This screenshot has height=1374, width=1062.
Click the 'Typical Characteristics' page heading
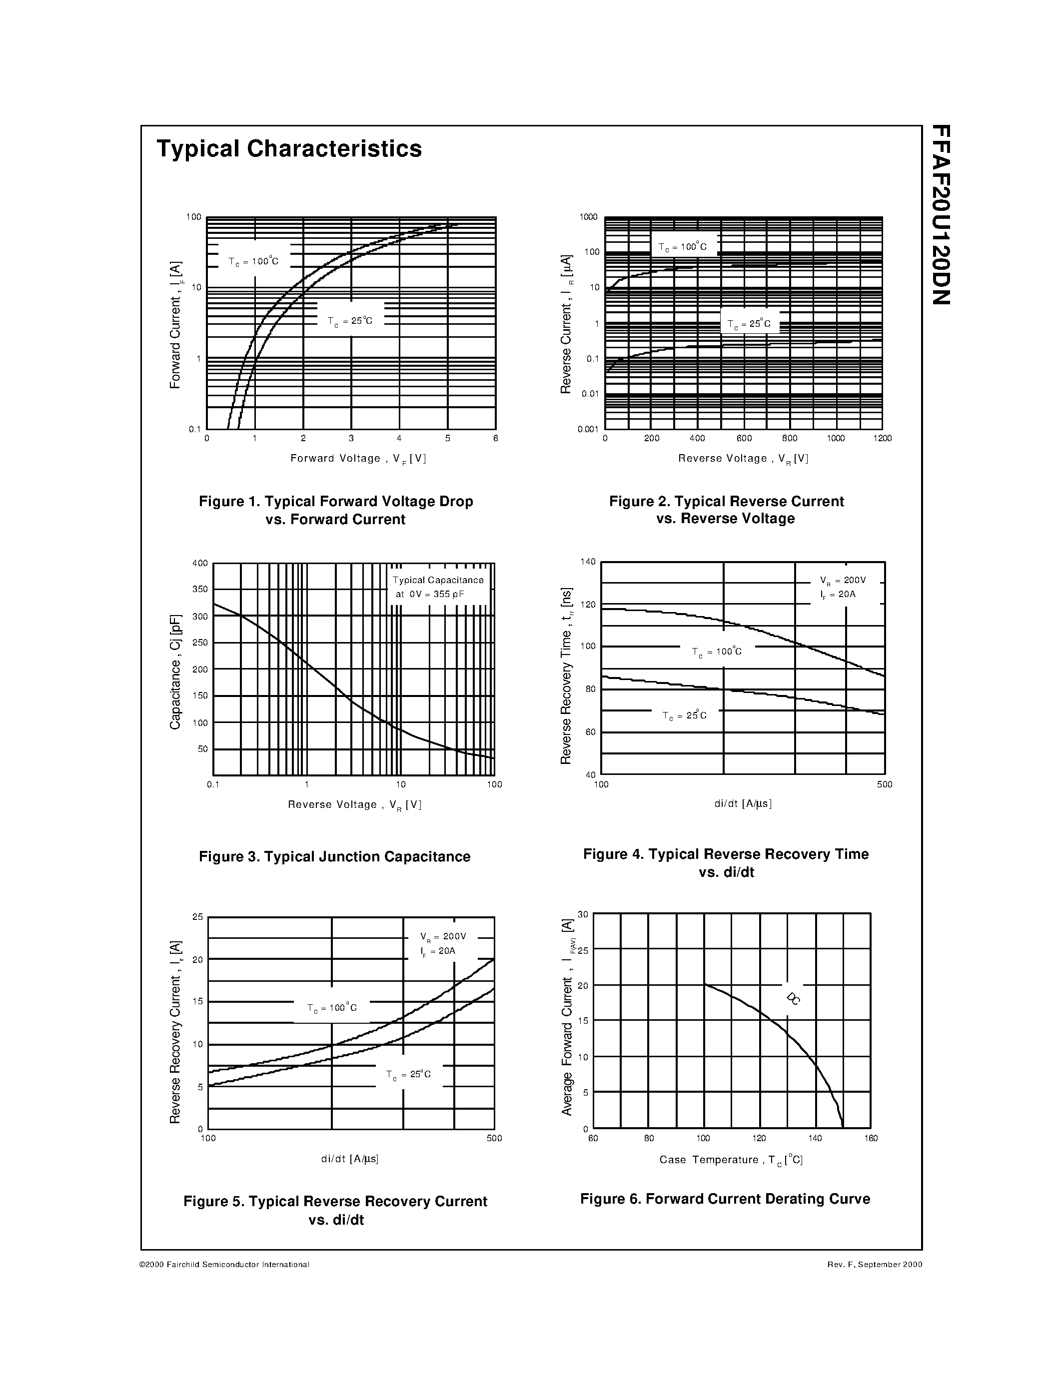click(289, 149)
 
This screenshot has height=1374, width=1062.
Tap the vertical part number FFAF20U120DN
click(941, 214)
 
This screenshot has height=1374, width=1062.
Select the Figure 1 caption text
click(336, 510)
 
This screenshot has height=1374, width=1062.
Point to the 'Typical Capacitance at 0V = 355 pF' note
click(438, 587)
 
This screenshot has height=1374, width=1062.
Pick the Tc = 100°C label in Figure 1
click(253, 261)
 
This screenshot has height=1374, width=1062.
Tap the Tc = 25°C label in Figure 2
click(749, 325)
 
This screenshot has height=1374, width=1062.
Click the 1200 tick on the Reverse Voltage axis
click(882, 439)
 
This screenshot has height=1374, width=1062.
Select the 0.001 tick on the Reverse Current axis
click(588, 429)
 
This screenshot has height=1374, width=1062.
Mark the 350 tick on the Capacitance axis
click(200, 590)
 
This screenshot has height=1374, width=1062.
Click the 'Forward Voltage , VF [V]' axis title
click(358, 459)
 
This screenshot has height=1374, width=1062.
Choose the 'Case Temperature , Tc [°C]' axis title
click(731, 1160)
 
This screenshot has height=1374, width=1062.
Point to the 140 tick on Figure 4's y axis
click(587, 562)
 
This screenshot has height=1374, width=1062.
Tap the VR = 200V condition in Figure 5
click(443, 937)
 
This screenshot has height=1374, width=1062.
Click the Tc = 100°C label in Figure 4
click(717, 652)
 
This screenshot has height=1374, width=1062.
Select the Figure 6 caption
click(725, 1199)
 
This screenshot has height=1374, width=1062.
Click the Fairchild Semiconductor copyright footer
click(224, 1265)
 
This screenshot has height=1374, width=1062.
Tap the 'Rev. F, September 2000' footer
click(875, 1265)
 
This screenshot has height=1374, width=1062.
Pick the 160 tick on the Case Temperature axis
click(871, 1138)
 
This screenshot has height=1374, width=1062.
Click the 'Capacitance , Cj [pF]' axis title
click(175, 672)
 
